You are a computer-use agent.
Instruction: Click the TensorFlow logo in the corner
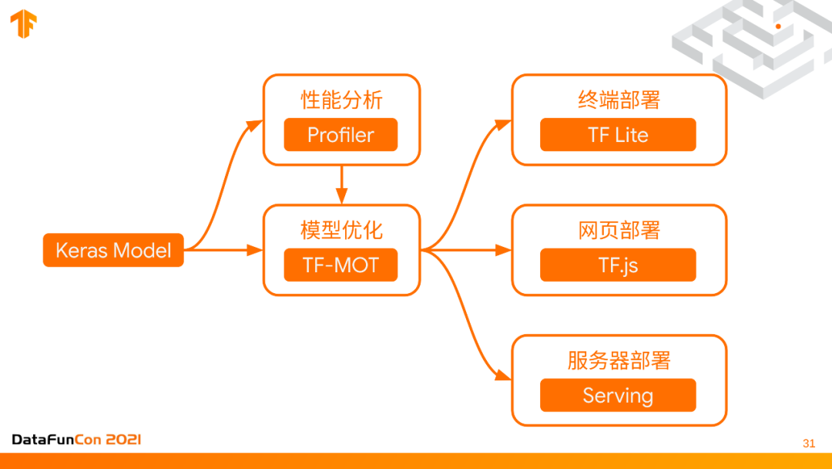pyautogui.click(x=23, y=25)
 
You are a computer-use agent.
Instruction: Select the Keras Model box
pyautogui.click(x=113, y=250)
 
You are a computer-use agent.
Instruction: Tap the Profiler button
pyautogui.click(x=341, y=135)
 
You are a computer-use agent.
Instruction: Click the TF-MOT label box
pyautogui.click(x=341, y=265)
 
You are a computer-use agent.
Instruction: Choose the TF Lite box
pyautogui.click(x=618, y=135)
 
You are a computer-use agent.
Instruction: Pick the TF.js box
pyautogui.click(x=618, y=265)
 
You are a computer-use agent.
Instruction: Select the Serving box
pyautogui.click(x=618, y=396)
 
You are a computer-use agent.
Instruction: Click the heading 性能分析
pyautogui.click(x=341, y=100)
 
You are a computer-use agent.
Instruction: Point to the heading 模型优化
pyautogui.click(x=341, y=231)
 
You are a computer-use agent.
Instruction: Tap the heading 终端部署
pyautogui.click(x=619, y=100)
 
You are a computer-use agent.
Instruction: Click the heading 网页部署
pyautogui.click(x=619, y=231)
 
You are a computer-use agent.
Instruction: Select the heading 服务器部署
pyautogui.click(x=619, y=361)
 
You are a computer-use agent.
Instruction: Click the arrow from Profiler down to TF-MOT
pyautogui.click(x=341, y=184)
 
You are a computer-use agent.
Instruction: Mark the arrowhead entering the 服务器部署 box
pyautogui.click(x=504, y=376)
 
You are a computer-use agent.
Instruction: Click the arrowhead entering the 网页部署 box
pyautogui.click(x=504, y=250)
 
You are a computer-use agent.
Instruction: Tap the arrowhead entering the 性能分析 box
pyautogui.click(x=255, y=122)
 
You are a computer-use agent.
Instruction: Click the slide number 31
pyautogui.click(x=808, y=444)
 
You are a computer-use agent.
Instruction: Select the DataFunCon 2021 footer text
pyautogui.click(x=76, y=440)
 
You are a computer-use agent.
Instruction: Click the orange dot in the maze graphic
pyautogui.click(x=778, y=26)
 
